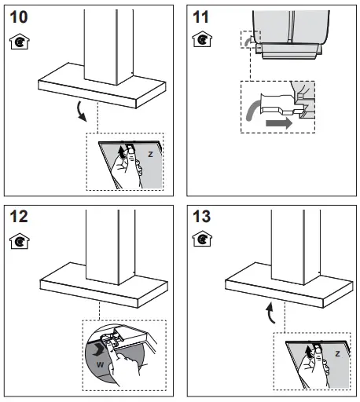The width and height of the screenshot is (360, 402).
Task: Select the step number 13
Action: coord(202,217)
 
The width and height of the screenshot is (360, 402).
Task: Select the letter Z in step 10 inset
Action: coord(149,155)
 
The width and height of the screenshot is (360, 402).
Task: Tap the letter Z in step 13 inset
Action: coord(336,355)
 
